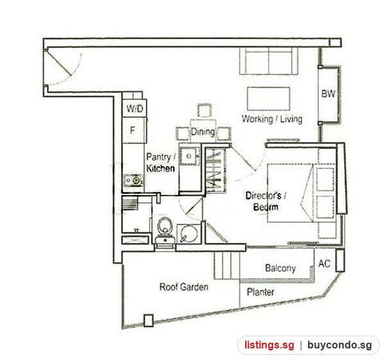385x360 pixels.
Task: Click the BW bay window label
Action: click(x=329, y=94)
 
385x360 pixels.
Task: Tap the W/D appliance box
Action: click(x=135, y=108)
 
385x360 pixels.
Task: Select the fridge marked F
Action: click(x=134, y=130)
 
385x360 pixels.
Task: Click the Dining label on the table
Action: click(x=203, y=132)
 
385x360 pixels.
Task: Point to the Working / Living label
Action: click(x=272, y=119)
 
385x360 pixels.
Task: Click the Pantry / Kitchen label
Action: click(x=161, y=162)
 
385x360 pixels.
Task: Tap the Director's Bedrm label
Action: click(x=266, y=201)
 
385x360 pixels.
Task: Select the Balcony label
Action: click(x=280, y=268)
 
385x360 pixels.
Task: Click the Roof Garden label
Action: click(x=184, y=287)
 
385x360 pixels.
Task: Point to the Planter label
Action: click(x=261, y=292)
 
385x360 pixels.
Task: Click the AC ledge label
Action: click(x=324, y=264)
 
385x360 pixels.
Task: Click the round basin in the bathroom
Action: click(x=189, y=234)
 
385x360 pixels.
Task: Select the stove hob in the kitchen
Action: click(x=133, y=180)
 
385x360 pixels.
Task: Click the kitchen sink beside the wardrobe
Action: click(x=189, y=156)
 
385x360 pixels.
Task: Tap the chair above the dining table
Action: click(x=204, y=110)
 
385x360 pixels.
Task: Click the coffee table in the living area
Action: click(x=269, y=99)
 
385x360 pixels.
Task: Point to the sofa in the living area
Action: click(x=269, y=61)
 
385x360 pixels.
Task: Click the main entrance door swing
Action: click(x=64, y=67)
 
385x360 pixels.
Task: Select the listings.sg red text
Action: click(x=269, y=345)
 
